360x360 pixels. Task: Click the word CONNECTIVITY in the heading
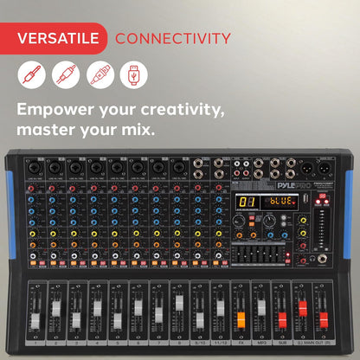(173, 38)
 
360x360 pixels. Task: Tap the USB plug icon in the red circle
(133, 75)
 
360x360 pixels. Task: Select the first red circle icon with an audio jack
(31, 75)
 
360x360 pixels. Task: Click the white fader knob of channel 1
(35, 319)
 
